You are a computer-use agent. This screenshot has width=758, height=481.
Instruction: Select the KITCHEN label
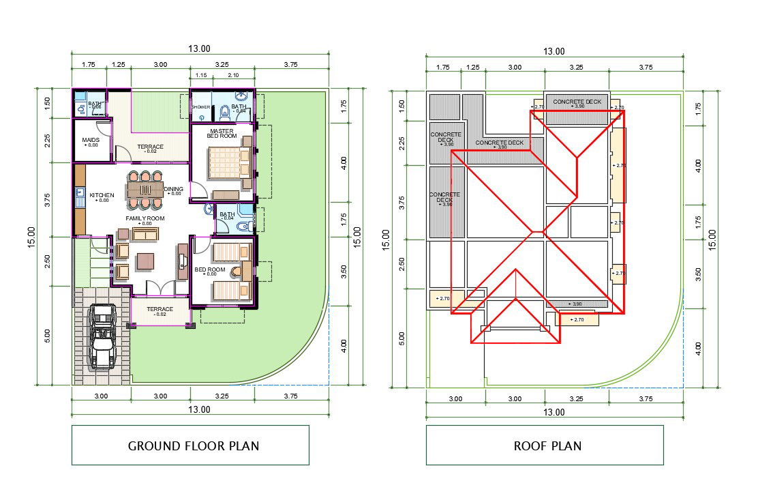tap(102, 195)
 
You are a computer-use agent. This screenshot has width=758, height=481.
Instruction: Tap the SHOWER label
tap(200, 107)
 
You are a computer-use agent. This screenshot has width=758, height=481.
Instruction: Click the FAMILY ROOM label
tap(145, 218)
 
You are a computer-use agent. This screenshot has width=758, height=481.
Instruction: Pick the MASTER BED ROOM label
tap(222, 133)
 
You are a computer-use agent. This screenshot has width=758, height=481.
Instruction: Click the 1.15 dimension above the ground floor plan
tap(201, 75)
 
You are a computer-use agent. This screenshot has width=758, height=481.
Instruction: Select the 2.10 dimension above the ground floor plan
tap(233, 75)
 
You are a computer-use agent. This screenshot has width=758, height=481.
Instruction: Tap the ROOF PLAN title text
tap(547, 446)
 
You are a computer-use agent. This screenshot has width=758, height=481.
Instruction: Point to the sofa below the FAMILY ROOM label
tap(145, 234)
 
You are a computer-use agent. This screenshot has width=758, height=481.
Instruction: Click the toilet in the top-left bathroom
tap(81, 108)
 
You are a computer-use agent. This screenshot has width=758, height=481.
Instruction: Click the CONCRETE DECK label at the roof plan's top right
tap(577, 102)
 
